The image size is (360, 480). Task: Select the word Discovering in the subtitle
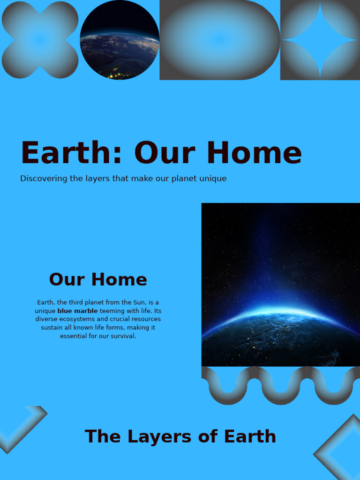click(x=44, y=179)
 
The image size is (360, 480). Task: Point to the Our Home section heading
click(x=98, y=279)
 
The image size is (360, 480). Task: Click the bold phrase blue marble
click(x=78, y=311)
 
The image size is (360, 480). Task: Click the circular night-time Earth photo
click(x=120, y=40)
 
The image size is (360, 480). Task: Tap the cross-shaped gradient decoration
click(x=40, y=40)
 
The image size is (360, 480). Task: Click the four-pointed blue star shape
click(x=320, y=40)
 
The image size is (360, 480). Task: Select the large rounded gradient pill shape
click(x=219, y=40)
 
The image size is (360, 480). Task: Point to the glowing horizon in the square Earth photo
click(x=281, y=313)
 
